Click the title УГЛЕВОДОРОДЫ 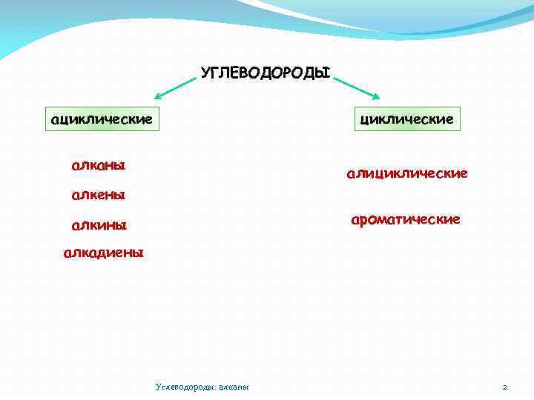tap(266, 73)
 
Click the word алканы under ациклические tap(98, 164)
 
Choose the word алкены tap(98, 196)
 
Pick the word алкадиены tap(104, 253)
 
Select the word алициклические tap(406, 173)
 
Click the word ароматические tap(406, 219)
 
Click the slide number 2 tap(504, 387)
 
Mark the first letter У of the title tap(205, 73)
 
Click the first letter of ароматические tap(355, 220)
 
